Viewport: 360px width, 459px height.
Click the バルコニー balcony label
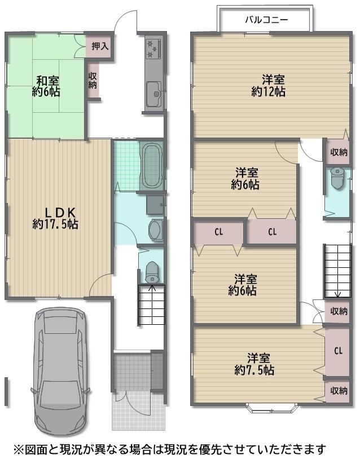(x=266, y=20)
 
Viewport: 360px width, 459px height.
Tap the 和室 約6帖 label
(x=47, y=86)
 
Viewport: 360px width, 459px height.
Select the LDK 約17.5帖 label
(x=55, y=218)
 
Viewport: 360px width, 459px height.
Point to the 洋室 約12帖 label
(x=269, y=86)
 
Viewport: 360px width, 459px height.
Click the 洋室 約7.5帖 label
(x=254, y=364)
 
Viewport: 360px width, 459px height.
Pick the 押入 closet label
(x=100, y=46)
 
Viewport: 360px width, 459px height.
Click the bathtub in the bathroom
(x=151, y=166)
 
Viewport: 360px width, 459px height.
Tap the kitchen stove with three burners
(x=153, y=48)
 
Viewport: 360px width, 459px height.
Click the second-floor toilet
(x=338, y=178)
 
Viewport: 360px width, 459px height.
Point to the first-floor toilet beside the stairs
(x=152, y=272)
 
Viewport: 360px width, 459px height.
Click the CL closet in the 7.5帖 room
(x=339, y=350)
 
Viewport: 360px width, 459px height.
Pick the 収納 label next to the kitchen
(x=93, y=80)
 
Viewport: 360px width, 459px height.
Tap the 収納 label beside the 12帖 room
(x=339, y=152)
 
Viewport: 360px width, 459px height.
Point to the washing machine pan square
(x=155, y=205)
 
